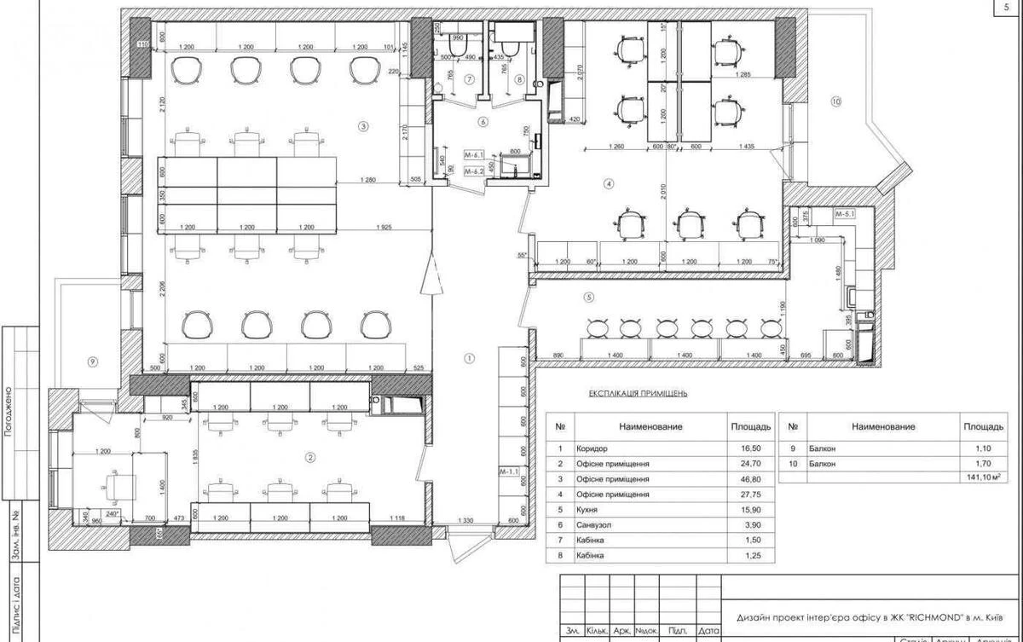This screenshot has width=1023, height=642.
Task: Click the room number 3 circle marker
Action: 363,127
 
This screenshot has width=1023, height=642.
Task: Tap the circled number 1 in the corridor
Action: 468,357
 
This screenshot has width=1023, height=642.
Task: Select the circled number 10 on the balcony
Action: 835,101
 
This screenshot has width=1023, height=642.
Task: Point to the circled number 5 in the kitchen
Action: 588,298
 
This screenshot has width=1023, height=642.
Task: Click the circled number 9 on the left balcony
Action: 92,361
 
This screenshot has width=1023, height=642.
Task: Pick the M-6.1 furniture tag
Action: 474,156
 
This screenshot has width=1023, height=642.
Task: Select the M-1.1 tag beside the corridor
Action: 509,470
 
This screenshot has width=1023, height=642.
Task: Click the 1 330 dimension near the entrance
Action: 464,520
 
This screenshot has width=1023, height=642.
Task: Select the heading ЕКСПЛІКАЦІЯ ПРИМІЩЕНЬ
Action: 638,394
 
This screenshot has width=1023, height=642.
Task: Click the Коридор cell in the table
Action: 593,448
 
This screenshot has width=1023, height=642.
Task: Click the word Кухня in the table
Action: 590,510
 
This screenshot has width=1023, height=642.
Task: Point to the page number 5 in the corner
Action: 1007,7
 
